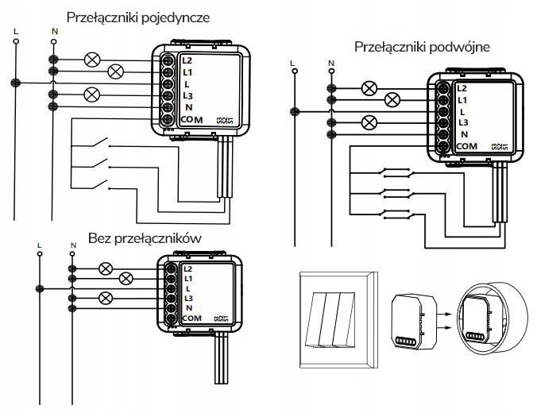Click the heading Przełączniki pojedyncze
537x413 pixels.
click(x=139, y=17)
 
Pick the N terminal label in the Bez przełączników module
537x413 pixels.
click(x=188, y=307)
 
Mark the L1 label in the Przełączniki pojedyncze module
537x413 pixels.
click(x=187, y=71)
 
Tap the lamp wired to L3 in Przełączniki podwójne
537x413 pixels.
click(x=369, y=122)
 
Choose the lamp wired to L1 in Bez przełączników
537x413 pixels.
click(x=125, y=279)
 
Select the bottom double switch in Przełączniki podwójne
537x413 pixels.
click(x=394, y=213)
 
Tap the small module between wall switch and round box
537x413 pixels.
click(x=413, y=318)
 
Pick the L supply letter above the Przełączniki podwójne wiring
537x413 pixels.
click(x=293, y=62)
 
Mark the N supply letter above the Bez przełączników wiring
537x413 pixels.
click(x=73, y=244)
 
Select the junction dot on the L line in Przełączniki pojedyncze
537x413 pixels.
click(x=14, y=83)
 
